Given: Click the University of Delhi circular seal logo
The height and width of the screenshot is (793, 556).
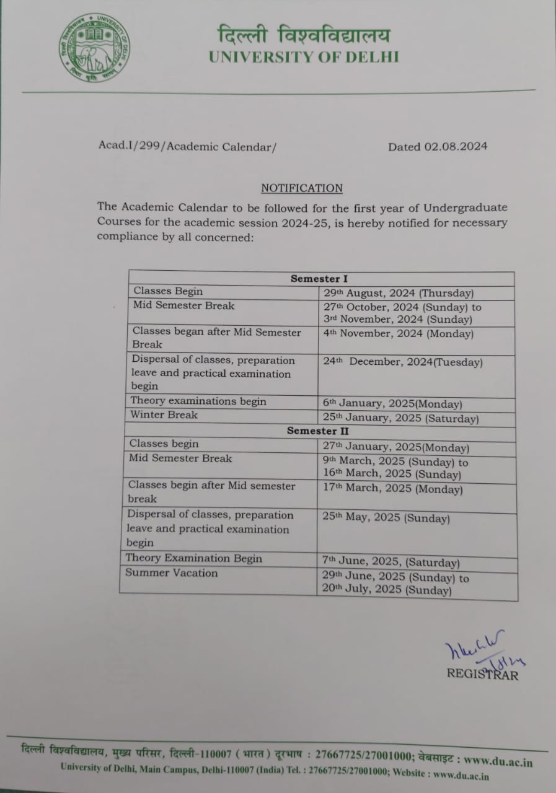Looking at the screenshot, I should click(x=95, y=48).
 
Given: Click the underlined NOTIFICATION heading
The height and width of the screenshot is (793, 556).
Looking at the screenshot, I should click(x=301, y=188).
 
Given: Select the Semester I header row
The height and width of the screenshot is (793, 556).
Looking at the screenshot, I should click(x=319, y=279).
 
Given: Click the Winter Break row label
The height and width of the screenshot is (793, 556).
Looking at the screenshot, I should click(x=164, y=414).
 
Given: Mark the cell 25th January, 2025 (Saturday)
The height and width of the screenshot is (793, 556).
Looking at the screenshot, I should click(x=400, y=419).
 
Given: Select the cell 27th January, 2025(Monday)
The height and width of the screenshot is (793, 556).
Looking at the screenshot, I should click(x=395, y=447).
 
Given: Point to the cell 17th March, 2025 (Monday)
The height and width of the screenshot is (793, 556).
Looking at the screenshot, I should click(x=392, y=489).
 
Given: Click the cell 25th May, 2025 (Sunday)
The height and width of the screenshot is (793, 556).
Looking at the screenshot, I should click(x=386, y=519).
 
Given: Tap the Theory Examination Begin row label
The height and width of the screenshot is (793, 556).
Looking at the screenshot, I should click(x=193, y=558).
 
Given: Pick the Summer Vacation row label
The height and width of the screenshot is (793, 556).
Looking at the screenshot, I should click(x=172, y=573).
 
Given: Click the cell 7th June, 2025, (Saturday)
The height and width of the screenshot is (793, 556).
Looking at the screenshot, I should click(x=391, y=563).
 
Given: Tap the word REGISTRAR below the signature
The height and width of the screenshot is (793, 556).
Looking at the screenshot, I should click(x=482, y=674).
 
